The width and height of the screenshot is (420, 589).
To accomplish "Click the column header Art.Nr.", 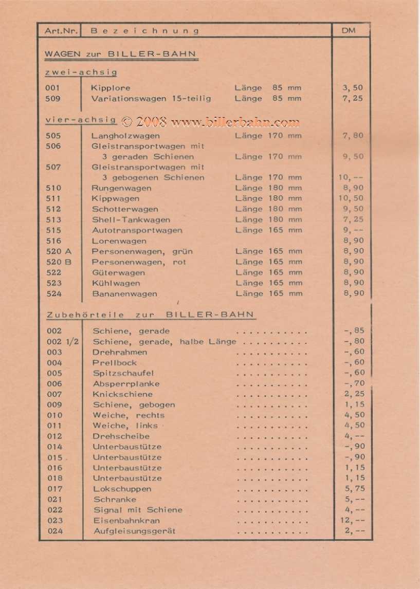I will [61, 31].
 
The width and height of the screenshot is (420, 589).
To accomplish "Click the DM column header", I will [348, 31].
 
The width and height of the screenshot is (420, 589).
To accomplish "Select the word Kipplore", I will [111, 88].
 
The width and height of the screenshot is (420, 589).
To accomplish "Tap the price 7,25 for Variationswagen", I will [353, 98].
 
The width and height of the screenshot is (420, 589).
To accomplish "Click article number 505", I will [53, 136].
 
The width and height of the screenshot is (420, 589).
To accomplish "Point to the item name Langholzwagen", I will [125, 136].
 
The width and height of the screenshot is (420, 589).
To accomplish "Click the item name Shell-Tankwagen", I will [131, 219].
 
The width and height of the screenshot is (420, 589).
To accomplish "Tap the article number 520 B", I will [59, 262].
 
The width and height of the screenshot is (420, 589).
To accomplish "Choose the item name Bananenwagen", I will [124, 293].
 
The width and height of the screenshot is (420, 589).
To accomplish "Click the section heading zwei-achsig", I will [81, 72].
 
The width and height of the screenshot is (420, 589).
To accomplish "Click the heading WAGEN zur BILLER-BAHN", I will [120, 54].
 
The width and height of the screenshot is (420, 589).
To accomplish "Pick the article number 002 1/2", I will [62, 341].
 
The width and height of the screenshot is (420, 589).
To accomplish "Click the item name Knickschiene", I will [122, 394].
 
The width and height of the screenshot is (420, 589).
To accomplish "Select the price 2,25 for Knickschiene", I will [354, 394].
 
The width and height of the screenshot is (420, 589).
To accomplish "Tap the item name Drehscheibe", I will [121, 436].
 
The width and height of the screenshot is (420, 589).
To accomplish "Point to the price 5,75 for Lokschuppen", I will [354, 489].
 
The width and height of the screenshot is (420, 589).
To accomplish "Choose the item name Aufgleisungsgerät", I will [134, 531].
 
